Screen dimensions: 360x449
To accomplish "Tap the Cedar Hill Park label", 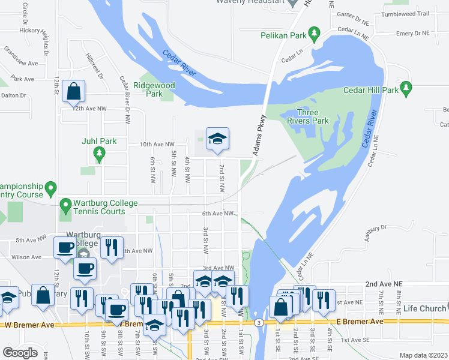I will tap(370, 90).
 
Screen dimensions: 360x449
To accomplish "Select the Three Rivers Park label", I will tap(313, 116).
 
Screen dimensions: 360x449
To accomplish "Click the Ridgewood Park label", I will tap(154, 89).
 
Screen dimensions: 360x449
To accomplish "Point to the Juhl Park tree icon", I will tap(98, 155).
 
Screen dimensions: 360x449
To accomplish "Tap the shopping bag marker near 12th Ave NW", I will tap(73, 92).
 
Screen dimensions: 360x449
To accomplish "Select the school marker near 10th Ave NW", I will tap(217, 139).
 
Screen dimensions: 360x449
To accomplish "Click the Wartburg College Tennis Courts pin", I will tap(65, 207).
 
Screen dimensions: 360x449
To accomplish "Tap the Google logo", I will tap(20, 353).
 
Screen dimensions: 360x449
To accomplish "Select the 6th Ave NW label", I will tap(217, 213).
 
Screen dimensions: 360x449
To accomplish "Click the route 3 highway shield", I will tap(258, 323).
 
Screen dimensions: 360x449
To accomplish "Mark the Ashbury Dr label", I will tap(375, 233).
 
